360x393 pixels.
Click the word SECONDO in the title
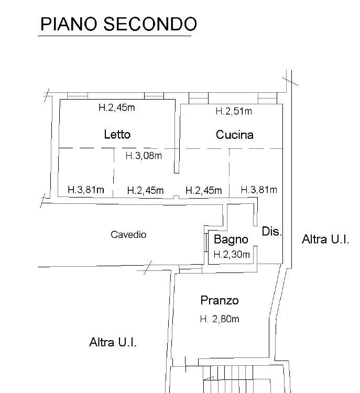[150, 24]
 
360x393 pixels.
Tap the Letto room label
[117, 134]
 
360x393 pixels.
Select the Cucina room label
[235, 135]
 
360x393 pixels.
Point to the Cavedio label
[128, 235]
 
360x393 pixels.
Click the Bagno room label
[231, 239]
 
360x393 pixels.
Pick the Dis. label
[272, 231]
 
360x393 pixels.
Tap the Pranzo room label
[220, 300]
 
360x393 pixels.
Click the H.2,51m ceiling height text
[234, 111]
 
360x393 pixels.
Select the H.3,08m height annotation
[144, 156]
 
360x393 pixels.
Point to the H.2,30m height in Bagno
[232, 255]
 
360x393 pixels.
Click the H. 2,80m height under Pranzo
[220, 319]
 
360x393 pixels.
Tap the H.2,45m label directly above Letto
[117, 107]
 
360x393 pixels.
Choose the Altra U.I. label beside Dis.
[325, 239]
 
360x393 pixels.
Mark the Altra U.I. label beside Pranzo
[113, 342]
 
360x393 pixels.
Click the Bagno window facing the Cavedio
[206, 243]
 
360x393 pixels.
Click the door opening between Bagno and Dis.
[256, 236]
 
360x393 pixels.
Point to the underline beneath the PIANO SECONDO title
[115, 36]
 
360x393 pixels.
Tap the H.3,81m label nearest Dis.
[259, 190]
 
